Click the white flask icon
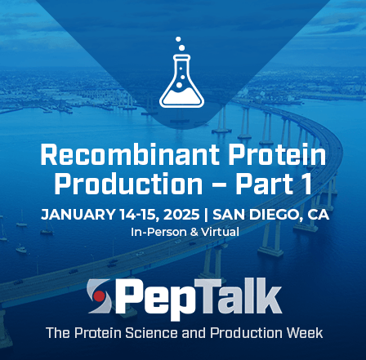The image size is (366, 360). click(181, 82)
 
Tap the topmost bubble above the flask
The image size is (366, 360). click(178, 39)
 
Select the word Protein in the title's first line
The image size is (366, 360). click(277, 154)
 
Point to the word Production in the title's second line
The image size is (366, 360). click(128, 184)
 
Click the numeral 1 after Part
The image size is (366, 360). click(306, 184)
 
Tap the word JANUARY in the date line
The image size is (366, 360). click(78, 215)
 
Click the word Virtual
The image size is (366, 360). click(220, 232)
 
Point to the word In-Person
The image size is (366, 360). click(158, 232)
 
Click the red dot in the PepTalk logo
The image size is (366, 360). click(100, 296)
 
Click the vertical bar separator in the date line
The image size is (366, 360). click(206, 215)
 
